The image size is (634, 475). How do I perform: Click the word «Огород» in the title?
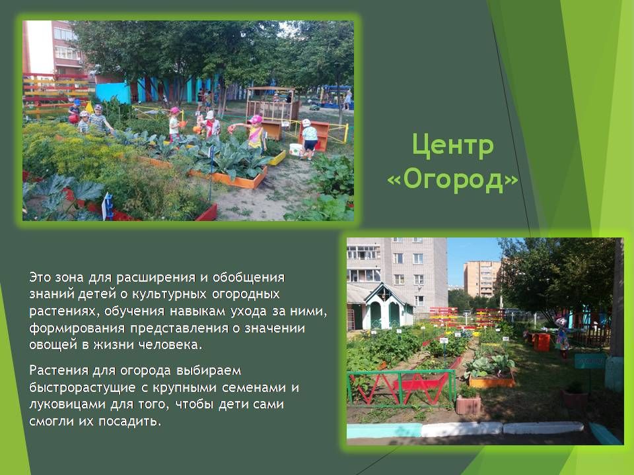[x=453, y=179]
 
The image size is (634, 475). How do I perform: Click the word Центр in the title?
[x=453, y=145]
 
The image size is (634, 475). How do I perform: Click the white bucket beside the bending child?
[x=296, y=150]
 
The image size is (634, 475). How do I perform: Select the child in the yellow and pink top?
[x=254, y=133]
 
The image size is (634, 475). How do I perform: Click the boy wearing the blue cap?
[x=75, y=111]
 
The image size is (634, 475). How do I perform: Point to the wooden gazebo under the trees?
[x=273, y=104]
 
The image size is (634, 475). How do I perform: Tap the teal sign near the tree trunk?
[x=590, y=361]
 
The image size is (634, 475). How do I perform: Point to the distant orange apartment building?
[x=481, y=279]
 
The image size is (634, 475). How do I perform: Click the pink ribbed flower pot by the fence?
[x=469, y=404]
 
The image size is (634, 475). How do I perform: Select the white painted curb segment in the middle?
[x=462, y=429]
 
